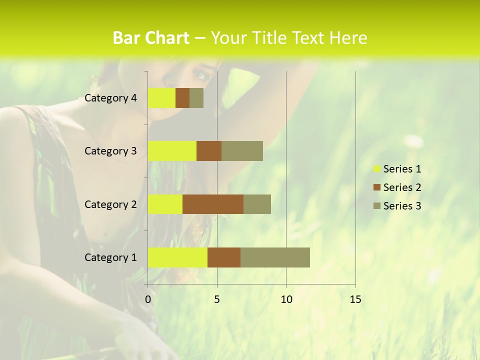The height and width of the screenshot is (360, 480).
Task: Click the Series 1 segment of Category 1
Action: (x=177, y=257)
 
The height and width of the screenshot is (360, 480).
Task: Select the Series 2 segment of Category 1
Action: (x=224, y=257)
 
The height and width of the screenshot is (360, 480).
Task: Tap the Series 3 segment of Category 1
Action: (x=275, y=257)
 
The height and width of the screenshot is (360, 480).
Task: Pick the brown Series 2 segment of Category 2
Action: (x=213, y=204)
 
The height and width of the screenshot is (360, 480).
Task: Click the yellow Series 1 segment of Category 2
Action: (x=165, y=204)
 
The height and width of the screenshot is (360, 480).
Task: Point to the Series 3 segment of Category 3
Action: (x=242, y=151)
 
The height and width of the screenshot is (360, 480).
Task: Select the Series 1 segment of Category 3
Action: (x=172, y=151)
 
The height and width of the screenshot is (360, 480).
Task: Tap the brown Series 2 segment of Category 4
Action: (x=182, y=98)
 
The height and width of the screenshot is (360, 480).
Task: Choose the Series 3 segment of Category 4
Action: (x=196, y=98)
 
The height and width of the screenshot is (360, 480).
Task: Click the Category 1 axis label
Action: (x=110, y=257)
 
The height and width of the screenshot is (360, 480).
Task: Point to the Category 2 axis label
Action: (x=110, y=204)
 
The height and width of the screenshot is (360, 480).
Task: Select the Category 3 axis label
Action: (x=110, y=151)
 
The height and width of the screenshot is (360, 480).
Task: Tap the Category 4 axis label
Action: (x=110, y=98)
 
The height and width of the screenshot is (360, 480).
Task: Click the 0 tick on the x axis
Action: (x=148, y=299)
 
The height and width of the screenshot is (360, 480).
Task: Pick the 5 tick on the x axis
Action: (x=217, y=299)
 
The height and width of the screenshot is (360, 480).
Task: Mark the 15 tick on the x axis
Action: (x=355, y=299)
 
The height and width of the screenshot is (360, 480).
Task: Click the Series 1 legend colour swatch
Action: (x=376, y=169)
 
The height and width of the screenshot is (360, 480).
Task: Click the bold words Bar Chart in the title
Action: (x=151, y=38)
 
